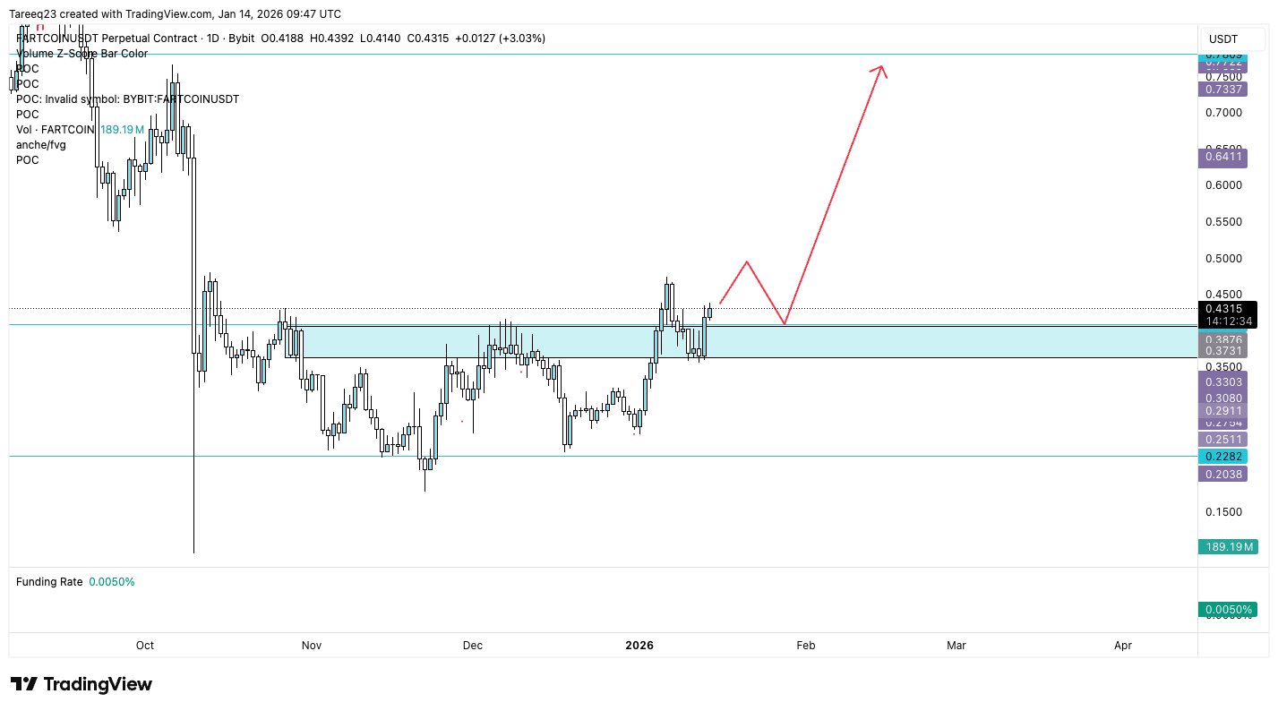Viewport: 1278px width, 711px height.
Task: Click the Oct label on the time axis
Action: (145, 646)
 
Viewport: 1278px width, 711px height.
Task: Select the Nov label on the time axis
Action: (311, 646)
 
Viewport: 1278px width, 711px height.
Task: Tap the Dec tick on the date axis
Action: (472, 646)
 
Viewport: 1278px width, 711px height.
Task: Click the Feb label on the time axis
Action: (806, 646)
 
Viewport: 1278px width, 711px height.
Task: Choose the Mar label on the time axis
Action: (956, 646)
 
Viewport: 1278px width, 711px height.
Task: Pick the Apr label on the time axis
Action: (1123, 646)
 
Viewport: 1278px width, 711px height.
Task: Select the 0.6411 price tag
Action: (1223, 157)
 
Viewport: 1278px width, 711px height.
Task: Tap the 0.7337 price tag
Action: (1223, 90)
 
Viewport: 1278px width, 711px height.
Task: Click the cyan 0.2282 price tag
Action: (1223, 456)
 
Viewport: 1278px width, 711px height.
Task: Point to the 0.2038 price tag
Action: (1223, 474)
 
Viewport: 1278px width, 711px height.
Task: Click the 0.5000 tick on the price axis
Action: (1223, 259)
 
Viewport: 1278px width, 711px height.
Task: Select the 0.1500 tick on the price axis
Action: (1223, 512)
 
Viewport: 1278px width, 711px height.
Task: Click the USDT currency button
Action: (1223, 39)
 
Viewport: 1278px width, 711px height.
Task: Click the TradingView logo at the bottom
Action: (81, 685)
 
